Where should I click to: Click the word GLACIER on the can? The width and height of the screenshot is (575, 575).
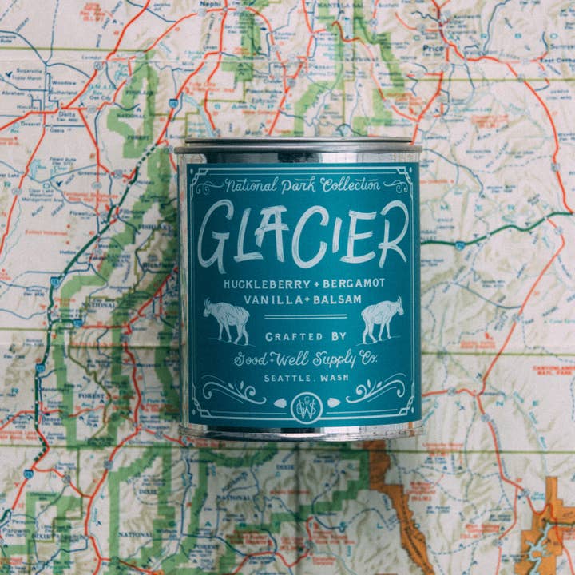click(302, 235)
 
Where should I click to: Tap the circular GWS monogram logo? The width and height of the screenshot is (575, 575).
click(304, 405)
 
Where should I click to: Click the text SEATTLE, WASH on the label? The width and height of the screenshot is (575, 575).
click(304, 377)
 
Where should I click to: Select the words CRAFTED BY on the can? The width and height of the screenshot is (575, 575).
click(304, 336)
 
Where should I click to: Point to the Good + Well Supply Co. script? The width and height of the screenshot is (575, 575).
click(304, 359)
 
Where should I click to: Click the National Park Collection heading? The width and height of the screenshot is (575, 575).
click(302, 185)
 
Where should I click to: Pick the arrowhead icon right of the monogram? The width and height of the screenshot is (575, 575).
click(332, 403)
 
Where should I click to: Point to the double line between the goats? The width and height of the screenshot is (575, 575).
click(304, 318)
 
